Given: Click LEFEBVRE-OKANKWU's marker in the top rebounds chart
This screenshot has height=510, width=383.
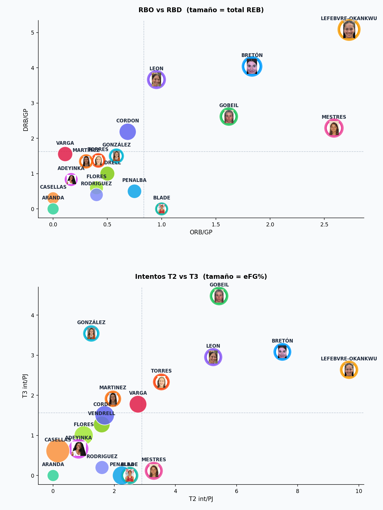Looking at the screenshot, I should point(349,29).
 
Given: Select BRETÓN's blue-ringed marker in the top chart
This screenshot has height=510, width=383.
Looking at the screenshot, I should point(252,67).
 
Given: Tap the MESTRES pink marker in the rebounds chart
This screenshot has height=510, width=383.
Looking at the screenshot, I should point(334,128).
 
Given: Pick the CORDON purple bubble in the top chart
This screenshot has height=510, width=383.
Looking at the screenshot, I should point(128,132).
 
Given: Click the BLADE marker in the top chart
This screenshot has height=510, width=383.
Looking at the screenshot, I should point(162,209).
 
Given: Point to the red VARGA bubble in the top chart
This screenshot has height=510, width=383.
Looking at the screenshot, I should point(65,154).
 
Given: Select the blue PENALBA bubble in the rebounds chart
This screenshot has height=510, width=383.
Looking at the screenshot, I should point(134,191).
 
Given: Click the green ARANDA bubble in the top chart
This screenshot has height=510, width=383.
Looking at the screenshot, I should point(53,209).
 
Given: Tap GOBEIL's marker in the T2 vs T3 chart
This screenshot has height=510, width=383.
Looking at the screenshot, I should point(219,296).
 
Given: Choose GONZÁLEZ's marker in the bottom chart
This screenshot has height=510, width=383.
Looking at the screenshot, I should point(91,333).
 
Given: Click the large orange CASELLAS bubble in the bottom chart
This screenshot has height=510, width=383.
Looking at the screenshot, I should point(58,451).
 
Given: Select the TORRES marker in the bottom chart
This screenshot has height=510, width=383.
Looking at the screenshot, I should point(161,382).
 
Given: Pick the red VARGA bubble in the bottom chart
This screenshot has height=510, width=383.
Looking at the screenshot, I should point(138,404).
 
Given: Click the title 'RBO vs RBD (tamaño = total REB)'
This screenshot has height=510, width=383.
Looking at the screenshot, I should point(201,10).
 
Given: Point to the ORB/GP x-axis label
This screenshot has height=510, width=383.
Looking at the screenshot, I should point(201,232).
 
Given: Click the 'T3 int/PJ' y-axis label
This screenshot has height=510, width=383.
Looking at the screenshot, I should point(25,386).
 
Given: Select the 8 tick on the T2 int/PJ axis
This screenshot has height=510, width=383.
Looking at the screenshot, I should point(298,491).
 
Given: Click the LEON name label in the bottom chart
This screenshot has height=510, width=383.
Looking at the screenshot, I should point(213,346).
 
